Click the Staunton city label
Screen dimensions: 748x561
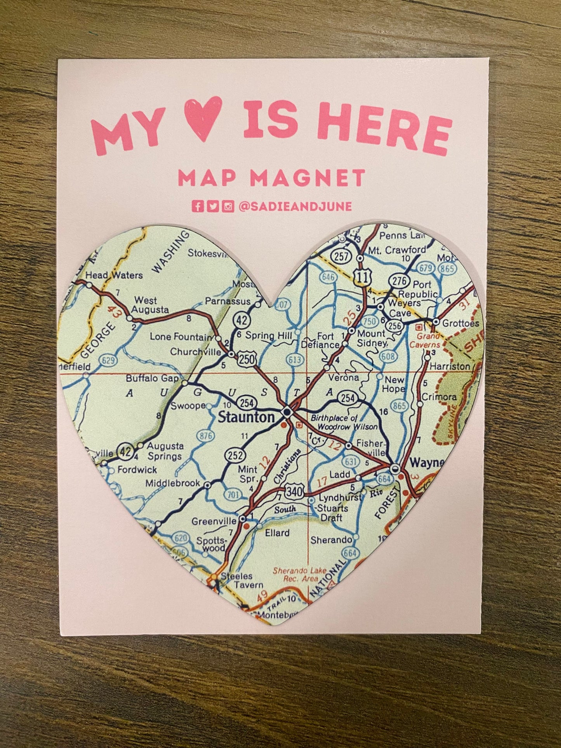coord(246,418)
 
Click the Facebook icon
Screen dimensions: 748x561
coord(198,207)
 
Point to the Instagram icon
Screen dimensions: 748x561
coord(228,207)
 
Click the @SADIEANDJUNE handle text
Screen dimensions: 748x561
coord(295,207)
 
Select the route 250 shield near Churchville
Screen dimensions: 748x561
coord(247,359)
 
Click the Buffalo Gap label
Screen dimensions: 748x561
coord(152,378)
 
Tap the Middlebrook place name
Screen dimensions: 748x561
coord(173,483)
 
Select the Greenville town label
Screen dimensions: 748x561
coord(214,521)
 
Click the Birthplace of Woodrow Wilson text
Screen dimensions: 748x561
coord(344,422)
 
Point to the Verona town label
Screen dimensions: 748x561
coord(343,377)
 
